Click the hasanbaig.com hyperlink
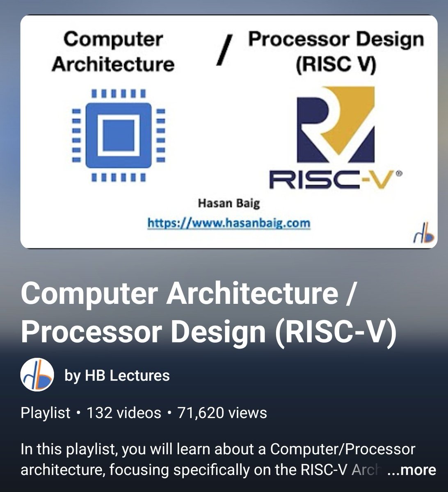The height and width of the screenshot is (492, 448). (229, 223)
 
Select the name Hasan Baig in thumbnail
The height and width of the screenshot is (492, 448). (229, 203)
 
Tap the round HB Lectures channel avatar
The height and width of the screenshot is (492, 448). (37, 375)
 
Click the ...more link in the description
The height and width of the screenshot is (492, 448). (411, 470)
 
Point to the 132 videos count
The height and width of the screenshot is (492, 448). (124, 412)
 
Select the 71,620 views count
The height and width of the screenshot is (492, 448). (222, 412)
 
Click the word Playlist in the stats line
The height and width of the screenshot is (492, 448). (46, 412)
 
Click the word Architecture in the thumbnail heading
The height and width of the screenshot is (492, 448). (113, 64)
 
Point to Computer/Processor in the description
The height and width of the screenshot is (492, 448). (343, 449)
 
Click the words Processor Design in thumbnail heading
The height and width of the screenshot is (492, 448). (336, 40)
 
